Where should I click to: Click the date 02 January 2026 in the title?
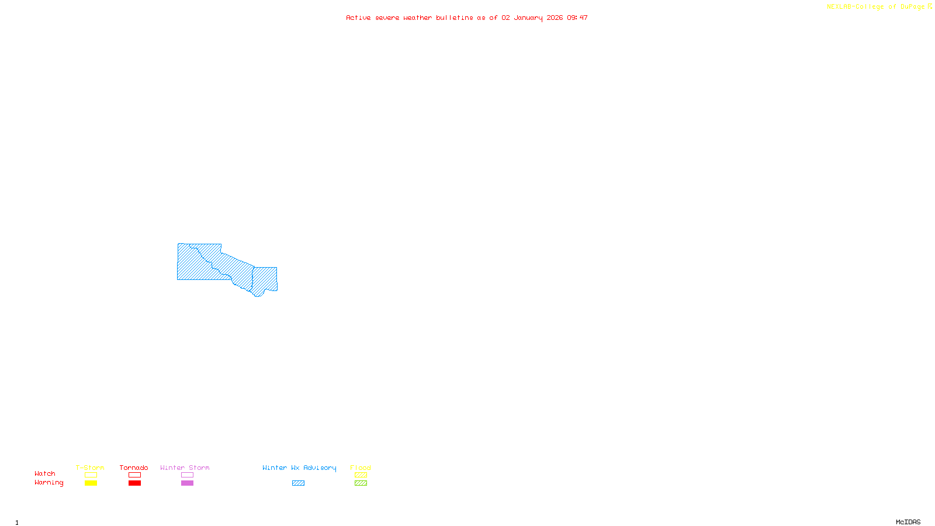point(532,18)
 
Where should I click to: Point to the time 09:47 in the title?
point(577,18)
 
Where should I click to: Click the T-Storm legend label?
point(90,468)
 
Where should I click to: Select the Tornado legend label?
point(134,468)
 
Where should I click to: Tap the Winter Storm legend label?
point(185,468)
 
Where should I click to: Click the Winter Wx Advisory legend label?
point(299,468)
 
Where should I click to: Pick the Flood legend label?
point(361,468)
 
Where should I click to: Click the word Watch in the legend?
point(45,474)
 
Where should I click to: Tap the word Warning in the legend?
point(49,483)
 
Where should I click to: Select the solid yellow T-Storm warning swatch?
point(91,483)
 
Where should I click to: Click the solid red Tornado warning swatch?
point(134,483)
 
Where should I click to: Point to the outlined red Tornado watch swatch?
point(134,475)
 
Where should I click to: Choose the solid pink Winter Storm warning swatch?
point(187,483)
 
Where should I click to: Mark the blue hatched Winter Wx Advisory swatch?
point(298,483)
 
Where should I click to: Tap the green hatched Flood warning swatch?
point(361,483)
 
